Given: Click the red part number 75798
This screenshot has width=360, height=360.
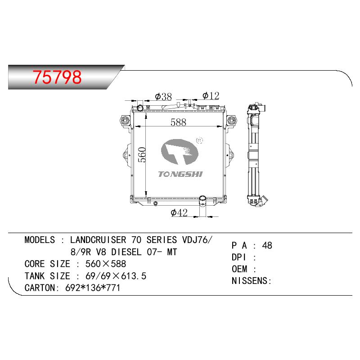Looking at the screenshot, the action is pos(57,77).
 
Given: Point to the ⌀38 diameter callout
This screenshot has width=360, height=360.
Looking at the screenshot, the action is pos(163,97).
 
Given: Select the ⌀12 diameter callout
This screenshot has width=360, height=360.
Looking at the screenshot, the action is pos(211,96).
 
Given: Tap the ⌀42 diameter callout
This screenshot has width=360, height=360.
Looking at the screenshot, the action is pos(179,212).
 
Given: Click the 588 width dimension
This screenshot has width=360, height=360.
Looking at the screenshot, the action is pos(178,122).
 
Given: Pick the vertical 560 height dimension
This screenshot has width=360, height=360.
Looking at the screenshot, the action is pos(142,155).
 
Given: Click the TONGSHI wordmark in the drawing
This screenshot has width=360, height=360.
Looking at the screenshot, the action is pos(180,174).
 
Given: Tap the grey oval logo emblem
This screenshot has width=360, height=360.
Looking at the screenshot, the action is pos(180,152).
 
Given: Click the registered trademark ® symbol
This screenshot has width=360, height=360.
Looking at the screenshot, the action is pos(199,140).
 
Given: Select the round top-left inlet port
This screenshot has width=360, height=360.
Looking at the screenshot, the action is pos(140,108).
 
